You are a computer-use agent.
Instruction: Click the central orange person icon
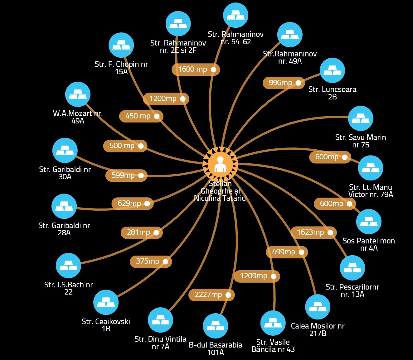[x=220, y=164]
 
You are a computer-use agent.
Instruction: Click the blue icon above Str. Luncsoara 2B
[x=333, y=70]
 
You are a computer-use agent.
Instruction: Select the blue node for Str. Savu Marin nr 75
[x=361, y=118]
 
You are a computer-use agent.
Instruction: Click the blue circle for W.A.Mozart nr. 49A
[x=78, y=94]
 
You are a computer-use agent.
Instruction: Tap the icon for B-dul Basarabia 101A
[x=216, y=326]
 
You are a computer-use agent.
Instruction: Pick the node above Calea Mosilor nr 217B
[x=318, y=307]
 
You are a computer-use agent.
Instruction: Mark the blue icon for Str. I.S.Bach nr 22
[x=68, y=266]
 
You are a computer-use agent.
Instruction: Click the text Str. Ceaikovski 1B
[x=106, y=325]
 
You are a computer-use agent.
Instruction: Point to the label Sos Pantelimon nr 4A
[x=369, y=244]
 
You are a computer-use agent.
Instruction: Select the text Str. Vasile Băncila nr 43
[x=273, y=346]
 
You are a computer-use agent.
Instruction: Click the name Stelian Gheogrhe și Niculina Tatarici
[x=220, y=191]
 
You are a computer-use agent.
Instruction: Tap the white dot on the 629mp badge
[x=147, y=204]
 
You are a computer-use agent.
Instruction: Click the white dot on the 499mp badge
[x=301, y=252]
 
